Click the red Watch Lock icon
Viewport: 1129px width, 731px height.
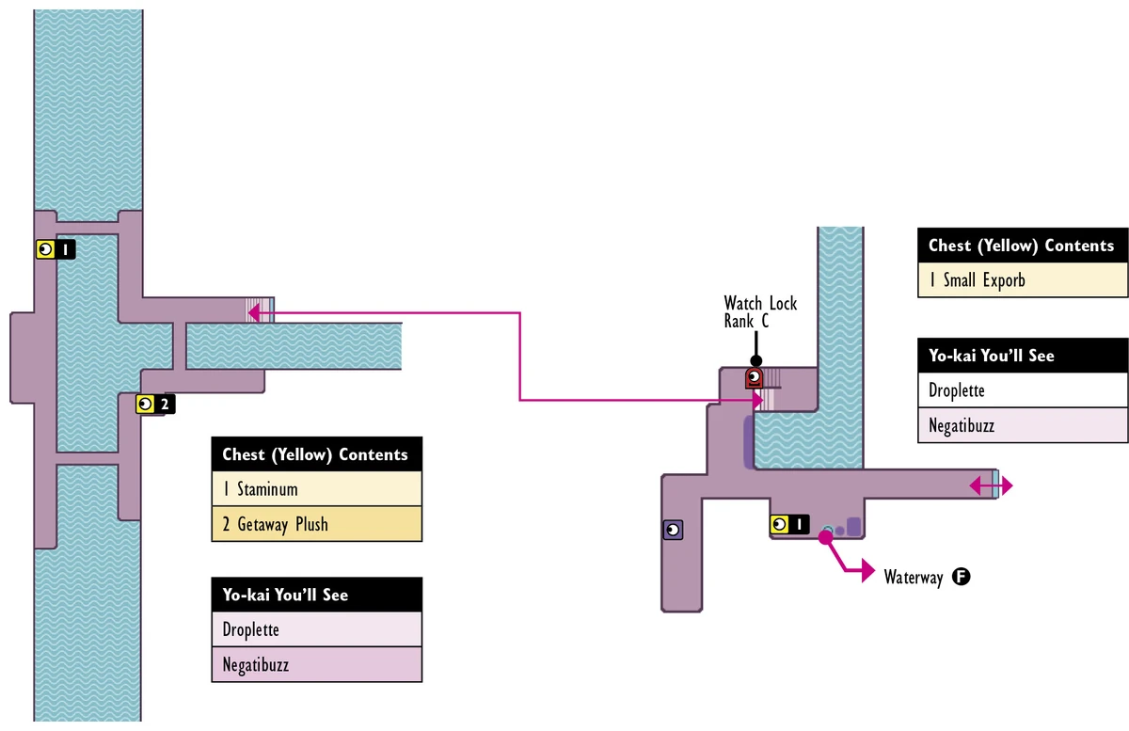(754, 378)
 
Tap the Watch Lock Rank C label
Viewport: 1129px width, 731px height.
(760, 312)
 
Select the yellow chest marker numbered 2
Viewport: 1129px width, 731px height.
(154, 405)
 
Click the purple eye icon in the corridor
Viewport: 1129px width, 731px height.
(673, 531)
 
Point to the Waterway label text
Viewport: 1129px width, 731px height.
(913, 578)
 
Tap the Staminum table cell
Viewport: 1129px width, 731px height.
(316, 489)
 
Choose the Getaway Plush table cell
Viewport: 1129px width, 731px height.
(316, 524)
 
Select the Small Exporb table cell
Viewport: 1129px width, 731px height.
(1022, 279)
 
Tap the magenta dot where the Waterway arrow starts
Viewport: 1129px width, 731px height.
(825, 537)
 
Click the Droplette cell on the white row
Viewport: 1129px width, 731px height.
(1022, 390)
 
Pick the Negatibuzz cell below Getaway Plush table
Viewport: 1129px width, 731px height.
(316, 664)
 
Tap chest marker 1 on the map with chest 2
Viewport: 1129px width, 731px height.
(54, 249)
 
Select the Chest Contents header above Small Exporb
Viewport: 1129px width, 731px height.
(1022, 246)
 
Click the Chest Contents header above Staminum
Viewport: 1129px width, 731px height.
(316, 454)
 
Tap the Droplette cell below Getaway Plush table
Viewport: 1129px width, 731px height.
(316, 629)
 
